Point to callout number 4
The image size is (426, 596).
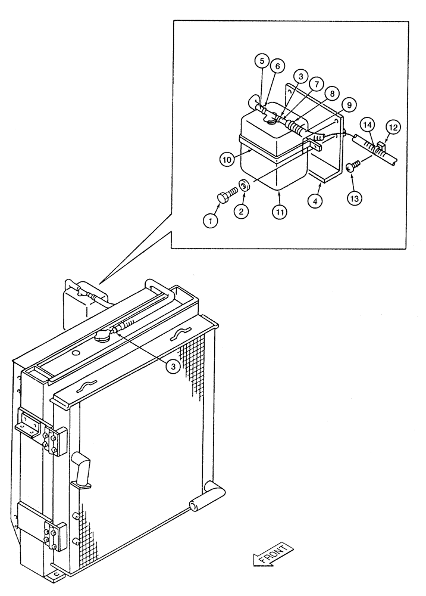317,201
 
